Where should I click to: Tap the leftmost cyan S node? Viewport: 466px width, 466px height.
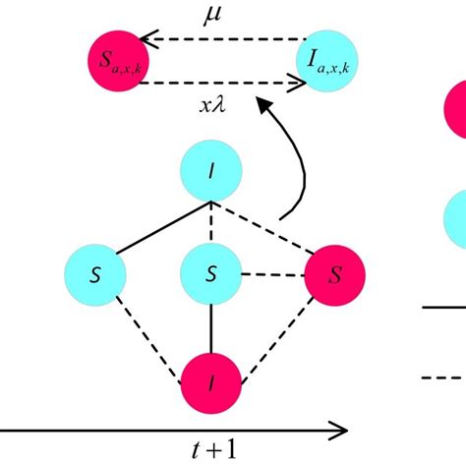pos(94,272)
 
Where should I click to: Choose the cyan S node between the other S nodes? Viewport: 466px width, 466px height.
pos(210,272)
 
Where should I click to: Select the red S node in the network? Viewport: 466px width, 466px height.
pos(333,272)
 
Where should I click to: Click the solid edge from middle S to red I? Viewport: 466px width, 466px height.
pos(210,324)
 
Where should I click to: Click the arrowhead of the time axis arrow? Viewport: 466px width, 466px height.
pos(340,430)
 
